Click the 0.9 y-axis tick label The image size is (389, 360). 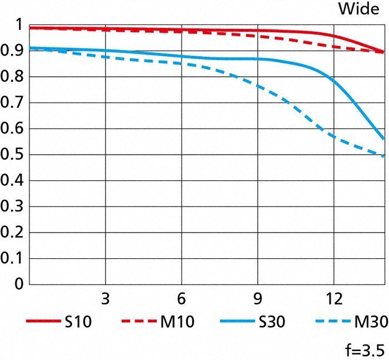12,51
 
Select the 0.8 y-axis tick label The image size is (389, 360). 12,77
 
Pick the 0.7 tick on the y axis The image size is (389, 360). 12,103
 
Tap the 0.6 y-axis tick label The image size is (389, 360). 12,129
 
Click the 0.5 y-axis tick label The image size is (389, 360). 12,155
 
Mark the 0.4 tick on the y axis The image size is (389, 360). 12,181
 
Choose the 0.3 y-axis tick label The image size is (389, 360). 12,206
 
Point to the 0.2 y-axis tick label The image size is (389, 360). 12,233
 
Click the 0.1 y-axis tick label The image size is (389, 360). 12,259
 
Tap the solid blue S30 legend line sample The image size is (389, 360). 238,322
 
